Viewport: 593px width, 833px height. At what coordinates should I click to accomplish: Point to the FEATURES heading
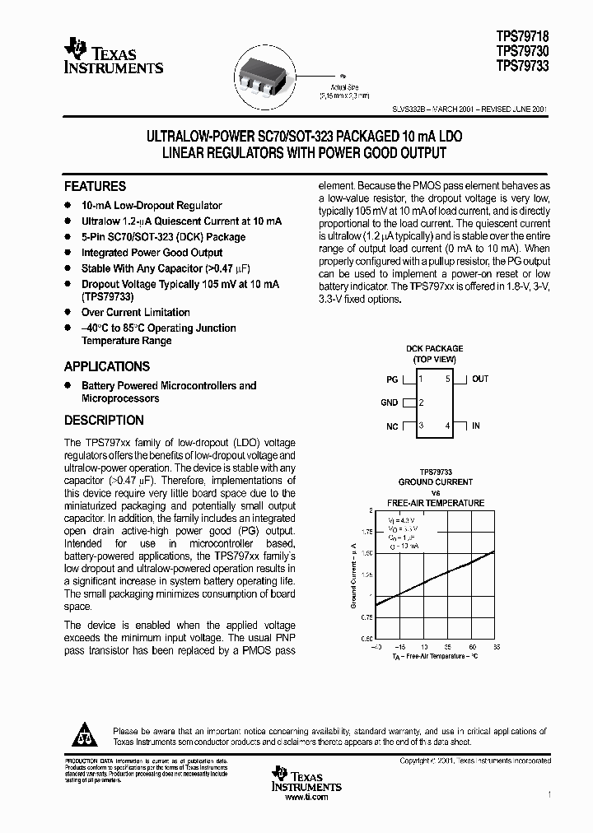95,187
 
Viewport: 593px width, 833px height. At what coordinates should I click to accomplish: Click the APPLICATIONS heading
107,367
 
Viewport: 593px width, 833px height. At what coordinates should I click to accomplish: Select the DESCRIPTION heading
104,421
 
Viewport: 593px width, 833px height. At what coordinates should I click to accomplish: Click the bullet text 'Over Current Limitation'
135,313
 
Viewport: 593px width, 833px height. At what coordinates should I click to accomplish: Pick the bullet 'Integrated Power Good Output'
152,253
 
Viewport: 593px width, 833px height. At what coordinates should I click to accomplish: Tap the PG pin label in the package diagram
391,379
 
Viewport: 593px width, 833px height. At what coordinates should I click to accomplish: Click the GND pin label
389,403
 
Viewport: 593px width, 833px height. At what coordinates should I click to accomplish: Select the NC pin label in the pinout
391,426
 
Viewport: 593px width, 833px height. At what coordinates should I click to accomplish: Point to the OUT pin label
480,379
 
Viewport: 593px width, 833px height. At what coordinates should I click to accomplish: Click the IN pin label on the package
476,426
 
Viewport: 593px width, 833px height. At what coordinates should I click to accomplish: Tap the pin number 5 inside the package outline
448,379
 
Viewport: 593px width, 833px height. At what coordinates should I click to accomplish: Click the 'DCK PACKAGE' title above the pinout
434,349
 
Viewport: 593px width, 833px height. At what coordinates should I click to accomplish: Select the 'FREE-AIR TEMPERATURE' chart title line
436,503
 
